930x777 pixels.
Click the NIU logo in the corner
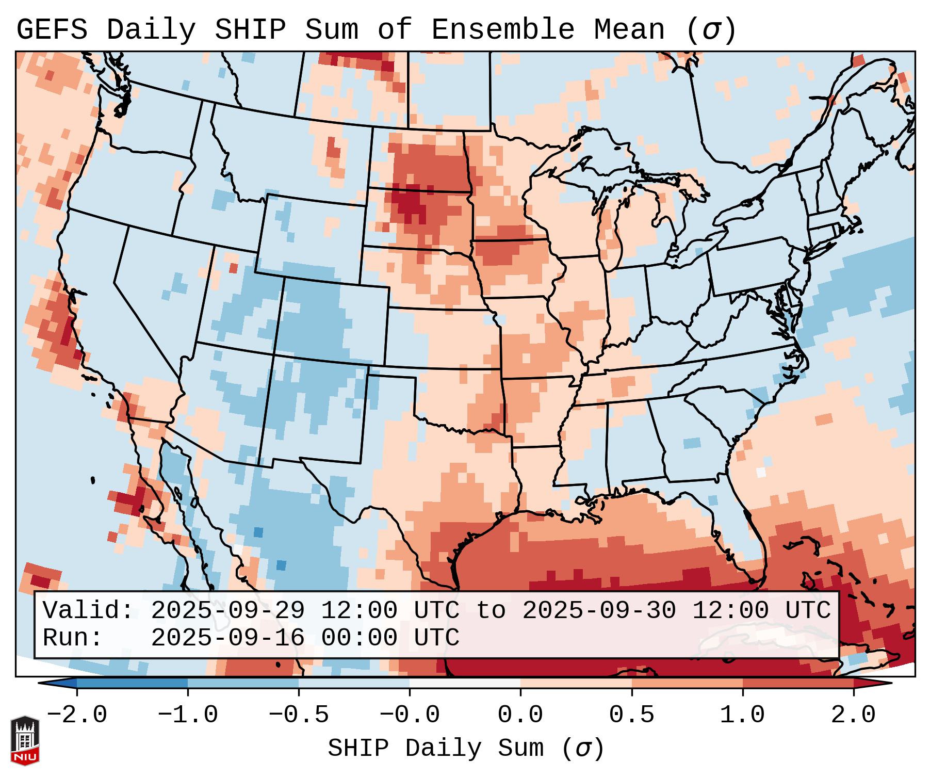25,740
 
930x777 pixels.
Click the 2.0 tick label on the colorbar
853,715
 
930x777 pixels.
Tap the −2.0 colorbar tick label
77,715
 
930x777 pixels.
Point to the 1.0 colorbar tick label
742,715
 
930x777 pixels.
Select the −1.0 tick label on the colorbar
188,715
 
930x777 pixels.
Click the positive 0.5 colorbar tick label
631,715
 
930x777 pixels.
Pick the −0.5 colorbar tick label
299,715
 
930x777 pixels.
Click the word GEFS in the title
52,30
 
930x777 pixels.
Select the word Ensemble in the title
502,30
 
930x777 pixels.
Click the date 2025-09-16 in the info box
227,638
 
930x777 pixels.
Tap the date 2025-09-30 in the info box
599,610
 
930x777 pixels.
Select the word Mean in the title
629,30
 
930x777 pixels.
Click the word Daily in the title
151,30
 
